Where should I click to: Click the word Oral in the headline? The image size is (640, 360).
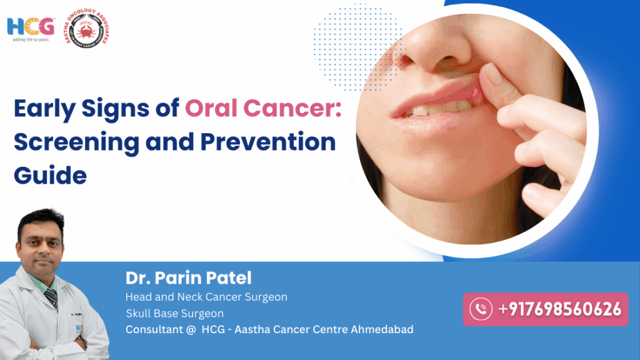[x=211, y=109]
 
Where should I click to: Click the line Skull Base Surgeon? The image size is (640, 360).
[x=174, y=313]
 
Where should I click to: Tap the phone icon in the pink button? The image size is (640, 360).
[x=481, y=309]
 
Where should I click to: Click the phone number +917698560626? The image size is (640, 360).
[x=559, y=309]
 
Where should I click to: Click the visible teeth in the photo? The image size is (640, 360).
[x=431, y=110]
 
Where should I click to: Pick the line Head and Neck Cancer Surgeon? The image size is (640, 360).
[x=206, y=297]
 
